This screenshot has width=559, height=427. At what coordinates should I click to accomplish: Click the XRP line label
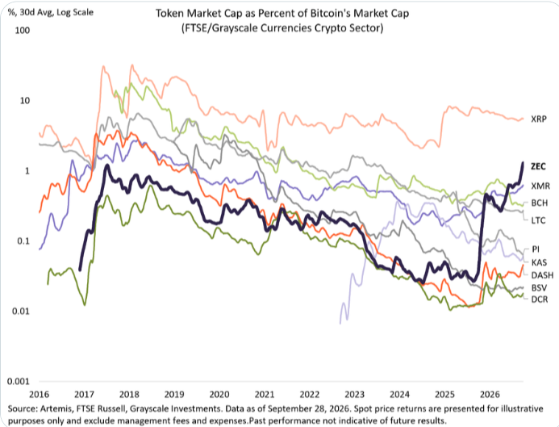tap(538, 119)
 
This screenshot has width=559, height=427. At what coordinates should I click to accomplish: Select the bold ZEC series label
tap(538, 166)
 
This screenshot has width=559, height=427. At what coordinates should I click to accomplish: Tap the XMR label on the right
tap(540, 186)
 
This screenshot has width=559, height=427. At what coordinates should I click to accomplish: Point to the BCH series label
tap(540, 203)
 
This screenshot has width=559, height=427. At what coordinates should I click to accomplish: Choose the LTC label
tap(538, 220)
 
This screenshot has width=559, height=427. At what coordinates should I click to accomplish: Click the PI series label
tap(536, 249)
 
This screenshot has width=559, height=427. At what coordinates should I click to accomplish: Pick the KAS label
tap(539, 262)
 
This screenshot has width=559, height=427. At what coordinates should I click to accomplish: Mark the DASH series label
tap(542, 275)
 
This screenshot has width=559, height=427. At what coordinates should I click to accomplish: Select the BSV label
tap(539, 287)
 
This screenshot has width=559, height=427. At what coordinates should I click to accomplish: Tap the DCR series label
tap(540, 299)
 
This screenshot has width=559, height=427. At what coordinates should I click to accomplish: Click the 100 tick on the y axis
tap(22, 31)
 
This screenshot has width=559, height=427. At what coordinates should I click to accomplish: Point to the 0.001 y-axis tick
tap(19, 381)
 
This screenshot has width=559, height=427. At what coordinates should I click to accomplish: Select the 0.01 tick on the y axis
tap(21, 311)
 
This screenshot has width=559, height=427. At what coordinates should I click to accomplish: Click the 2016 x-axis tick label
tap(39, 394)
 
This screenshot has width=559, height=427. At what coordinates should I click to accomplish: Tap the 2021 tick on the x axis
tap(265, 394)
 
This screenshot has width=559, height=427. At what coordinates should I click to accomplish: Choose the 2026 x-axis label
tap(490, 394)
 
